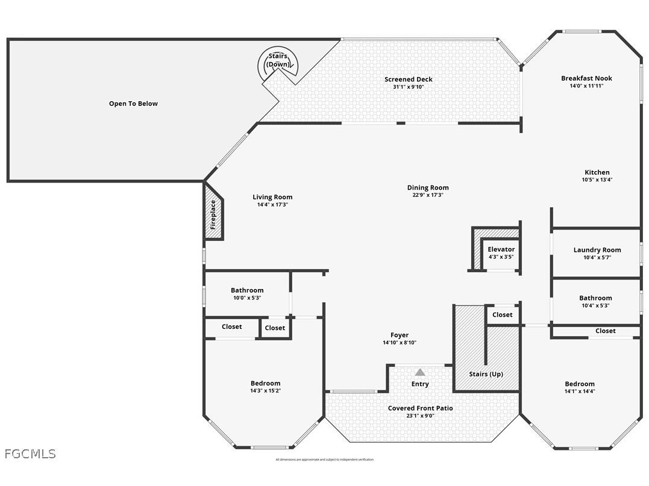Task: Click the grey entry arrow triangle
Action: pyautogui.click(x=420, y=372)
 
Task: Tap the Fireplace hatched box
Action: pyautogui.click(x=213, y=213)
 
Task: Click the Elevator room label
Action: pyautogui.click(x=501, y=249)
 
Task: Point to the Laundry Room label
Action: pyautogui.click(x=597, y=250)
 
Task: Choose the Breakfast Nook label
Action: pyautogui.click(x=586, y=78)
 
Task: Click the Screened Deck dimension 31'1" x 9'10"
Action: pyautogui.click(x=409, y=87)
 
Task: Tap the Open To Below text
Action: pyautogui.click(x=133, y=104)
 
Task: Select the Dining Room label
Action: pyautogui.click(x=428, y=187)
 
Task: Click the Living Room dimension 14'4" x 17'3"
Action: pyautogui.click(x=272, y=205)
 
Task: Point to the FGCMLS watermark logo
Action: pyautogui.click(x=30, y=453)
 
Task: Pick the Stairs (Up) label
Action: pyautogui.click(x=486, y=374)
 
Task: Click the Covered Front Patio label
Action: pyautogui.click(x=420, y=408)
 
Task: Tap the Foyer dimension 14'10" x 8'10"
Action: pyautogui.click(x=399, y=343)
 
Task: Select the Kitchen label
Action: pyautogui.click(x=597, y=172)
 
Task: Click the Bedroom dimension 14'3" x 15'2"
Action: pyautogui.click(x=265, y=391)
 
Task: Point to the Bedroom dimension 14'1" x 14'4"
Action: pyautogui.click(x=579, y=391)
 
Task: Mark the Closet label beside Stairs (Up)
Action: pyautogui.click(x=502, y=315)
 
